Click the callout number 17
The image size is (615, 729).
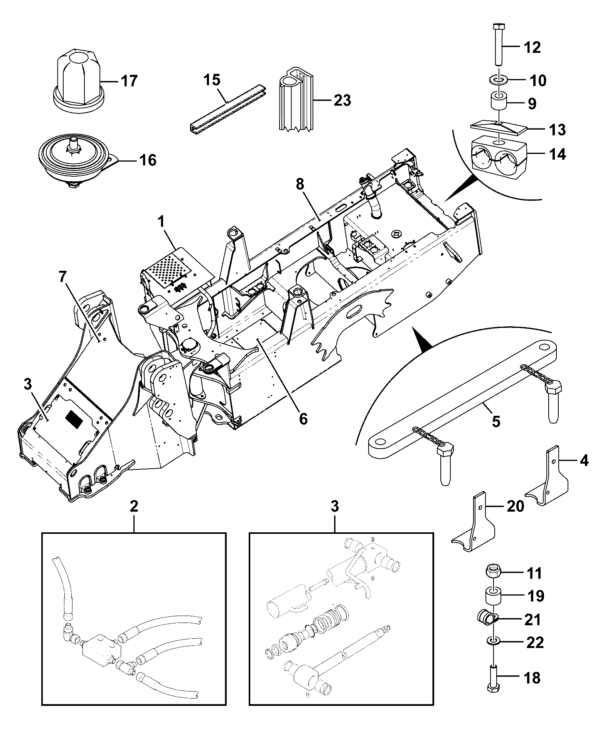coord(128,81)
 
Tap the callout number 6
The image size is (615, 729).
coord(303,418)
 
